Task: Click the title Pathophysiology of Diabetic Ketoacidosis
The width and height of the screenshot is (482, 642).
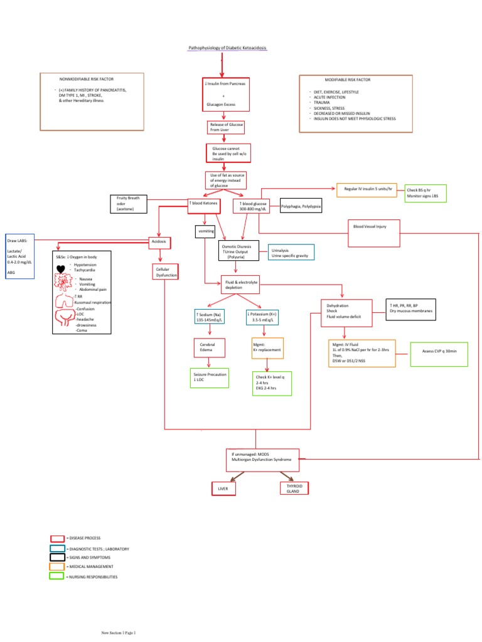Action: coord(227,48)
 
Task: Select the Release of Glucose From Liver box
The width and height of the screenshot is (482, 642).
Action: coord(226,127)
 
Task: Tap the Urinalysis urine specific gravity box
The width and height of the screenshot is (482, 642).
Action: coord(291,253)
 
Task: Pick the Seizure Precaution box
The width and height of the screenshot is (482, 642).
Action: coord(209,377)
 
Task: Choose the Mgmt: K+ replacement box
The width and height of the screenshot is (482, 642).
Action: coord(267,347)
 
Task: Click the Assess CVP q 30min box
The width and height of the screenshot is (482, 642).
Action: coord(440,352)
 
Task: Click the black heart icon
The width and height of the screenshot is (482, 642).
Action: coord(61,270)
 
